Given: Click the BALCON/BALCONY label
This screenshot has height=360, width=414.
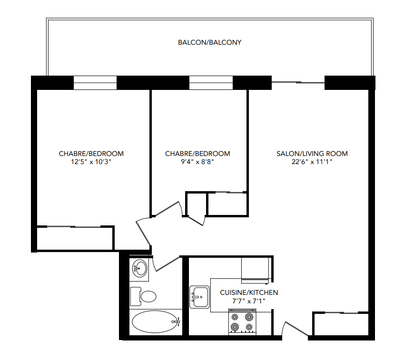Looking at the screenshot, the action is pyautogui.click(x=210, y=42).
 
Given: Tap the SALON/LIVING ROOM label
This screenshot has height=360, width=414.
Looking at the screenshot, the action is pyautogui.click(x=312, y=154).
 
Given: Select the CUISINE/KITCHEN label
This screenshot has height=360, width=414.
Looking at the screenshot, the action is pyautogui.click(x=249, y=292).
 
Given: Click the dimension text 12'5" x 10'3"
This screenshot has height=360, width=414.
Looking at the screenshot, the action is pyautogui.click(x=91, y=162).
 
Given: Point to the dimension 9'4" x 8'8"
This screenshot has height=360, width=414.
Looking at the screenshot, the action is pyautogui.click(x=197, y=162).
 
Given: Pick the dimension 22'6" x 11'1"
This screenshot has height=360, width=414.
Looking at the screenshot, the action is pyautogui.click(x=312, y=162).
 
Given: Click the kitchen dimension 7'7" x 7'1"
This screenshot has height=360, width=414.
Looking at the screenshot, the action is pyautogui.click(x=249, y=301).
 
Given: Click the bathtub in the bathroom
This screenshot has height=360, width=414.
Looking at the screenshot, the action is pyautogui.click(x=155, y=321).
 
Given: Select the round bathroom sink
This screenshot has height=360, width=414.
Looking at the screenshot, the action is pyautogui.click(x=139, y=268).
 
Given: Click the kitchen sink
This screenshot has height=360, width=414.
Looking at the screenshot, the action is pyautogui.click(x=199, y=297).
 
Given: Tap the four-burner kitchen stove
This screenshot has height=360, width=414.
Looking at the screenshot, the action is pyautogui.click(x=242, y=322).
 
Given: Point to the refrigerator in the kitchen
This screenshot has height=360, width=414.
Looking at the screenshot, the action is pyautogui.click(x=256, y=270).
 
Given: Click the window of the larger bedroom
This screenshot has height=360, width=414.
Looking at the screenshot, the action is pyautogui.click(x=95, y=83).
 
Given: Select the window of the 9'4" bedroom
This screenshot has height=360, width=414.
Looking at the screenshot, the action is pyautogui.click(x=211, y=83).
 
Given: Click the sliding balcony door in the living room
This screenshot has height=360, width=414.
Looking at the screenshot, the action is pyautogui.click(x=298, y=83).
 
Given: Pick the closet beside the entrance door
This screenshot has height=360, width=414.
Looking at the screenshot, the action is pyautogui.click(x=341, y=324).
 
